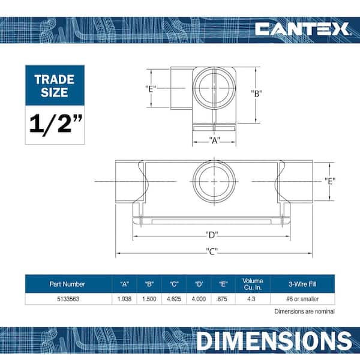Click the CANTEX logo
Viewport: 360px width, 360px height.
pyautogui.click(x=302, y=29)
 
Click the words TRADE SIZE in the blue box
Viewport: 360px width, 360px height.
pyautogui.click(x=55, y=86)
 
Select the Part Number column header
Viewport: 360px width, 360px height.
pyautogui.click(x=67, y=284)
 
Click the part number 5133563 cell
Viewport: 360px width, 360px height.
pyautogui.click(x=68, y=299)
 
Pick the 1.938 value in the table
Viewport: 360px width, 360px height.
pyautogui.click(x=124, y=299)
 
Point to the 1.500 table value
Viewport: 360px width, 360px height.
pyautogui.click(x=149, y=299)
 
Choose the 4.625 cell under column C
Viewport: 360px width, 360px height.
pyautogui.click(x=174, y=299)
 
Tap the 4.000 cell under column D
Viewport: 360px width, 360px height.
pyautogui.click(x=199, y=299)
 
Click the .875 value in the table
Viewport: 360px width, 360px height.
pyautogui.click(x=222, y=299)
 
